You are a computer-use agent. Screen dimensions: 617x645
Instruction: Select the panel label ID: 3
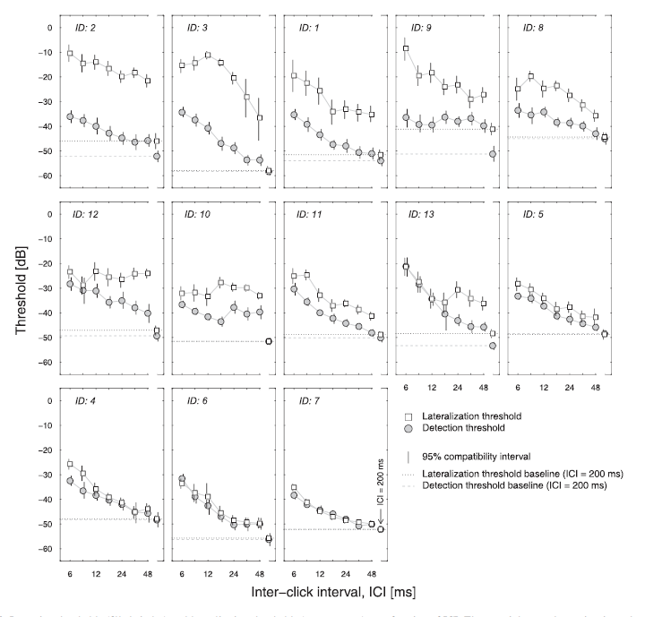(x=197, y=29)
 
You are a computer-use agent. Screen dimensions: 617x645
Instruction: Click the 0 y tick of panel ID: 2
(x=51, y=27)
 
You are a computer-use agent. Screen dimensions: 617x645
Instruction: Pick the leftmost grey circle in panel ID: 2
(x=71, y=117)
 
